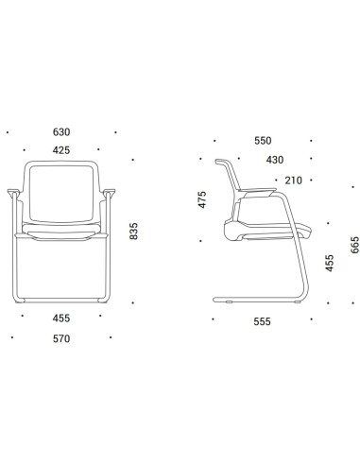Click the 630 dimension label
[x=61, y=132]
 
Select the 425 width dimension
[x=61, y=150]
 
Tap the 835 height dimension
[x=133, y=231]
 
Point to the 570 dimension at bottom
[x=61, y=338]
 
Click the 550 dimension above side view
[x=263, y=141]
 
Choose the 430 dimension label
[x=275, y=160]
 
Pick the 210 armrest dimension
[x=294, y=181]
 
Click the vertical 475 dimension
[x=202, y=199]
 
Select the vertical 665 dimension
[x=354, y=245]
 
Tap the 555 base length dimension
[x=263, y=321]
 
